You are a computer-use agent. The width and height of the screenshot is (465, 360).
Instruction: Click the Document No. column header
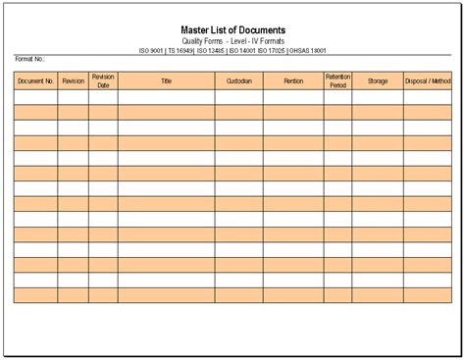coord(35,81)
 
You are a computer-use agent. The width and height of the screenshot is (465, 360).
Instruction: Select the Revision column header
coord(73,81)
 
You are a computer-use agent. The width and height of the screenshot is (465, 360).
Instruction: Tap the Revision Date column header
coord(103,81)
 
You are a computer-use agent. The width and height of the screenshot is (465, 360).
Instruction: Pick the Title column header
coord(166,81)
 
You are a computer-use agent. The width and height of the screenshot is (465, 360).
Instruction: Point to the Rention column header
coord(293,81)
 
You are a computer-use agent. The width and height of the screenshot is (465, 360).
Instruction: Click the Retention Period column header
coord(337,81)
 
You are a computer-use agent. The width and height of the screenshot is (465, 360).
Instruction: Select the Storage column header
coord(378,81)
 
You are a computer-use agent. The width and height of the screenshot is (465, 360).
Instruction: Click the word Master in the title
coord(199,28)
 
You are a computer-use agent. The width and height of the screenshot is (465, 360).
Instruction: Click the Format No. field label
coord(29,60)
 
